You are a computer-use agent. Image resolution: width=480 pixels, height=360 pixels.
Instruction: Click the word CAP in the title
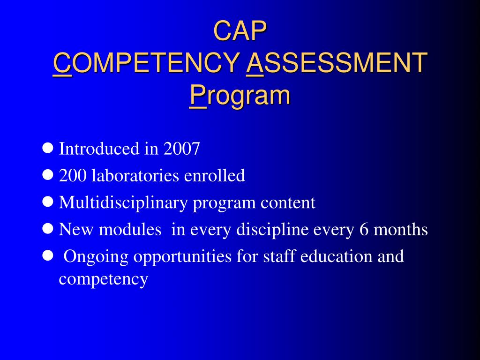[240, 30]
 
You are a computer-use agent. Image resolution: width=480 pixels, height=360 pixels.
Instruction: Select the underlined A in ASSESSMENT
[255, 63]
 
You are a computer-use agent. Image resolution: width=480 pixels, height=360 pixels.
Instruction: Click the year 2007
[182, 149]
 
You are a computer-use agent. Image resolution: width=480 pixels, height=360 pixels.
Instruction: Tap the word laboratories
[135, 176]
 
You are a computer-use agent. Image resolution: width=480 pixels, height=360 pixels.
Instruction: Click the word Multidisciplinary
[123, 203]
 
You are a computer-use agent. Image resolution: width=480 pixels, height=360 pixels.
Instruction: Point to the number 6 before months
[364, 230]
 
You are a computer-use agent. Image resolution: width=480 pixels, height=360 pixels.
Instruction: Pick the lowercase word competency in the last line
[104, 279]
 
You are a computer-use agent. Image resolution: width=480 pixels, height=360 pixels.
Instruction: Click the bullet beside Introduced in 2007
[47, 149]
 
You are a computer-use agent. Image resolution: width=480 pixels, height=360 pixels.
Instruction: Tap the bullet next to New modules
[47, 229]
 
